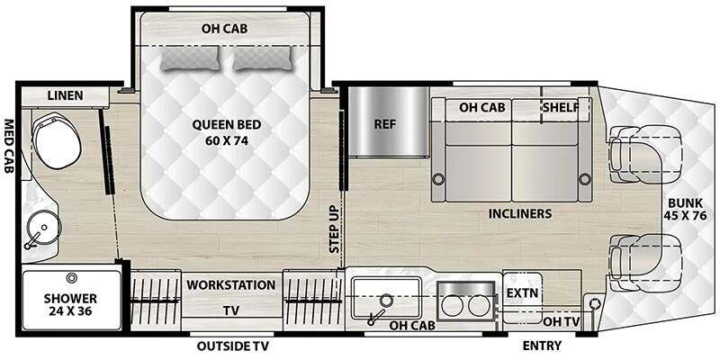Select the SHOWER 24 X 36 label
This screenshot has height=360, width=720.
(x=70, y=305)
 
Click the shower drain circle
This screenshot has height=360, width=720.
(x=71, y=278)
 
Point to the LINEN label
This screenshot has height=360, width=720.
(x=65, y=95)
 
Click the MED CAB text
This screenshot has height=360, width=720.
(x=9, y=147)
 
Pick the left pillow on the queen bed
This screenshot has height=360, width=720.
(x=190, y=58)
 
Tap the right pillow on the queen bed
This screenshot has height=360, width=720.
(x=263, y=58)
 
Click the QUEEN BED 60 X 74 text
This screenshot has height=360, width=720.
(x=227, y=132)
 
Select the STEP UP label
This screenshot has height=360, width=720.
(x=334, y=229)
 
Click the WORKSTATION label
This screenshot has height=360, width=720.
(x=231, y=284)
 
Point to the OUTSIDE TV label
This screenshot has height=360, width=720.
(x=233, y=346)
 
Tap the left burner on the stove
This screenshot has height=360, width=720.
(x=453, y=306)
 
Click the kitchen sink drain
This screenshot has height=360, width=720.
(x=387, y=301)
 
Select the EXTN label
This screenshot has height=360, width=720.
(x=522, y=293)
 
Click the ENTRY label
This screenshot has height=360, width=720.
(x=542, y=346)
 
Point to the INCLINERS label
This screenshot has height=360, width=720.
(x=520, y=213)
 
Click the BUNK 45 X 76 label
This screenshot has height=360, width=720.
(x=687, y=209)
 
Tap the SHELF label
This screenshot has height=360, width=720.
(x=560, y=107)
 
